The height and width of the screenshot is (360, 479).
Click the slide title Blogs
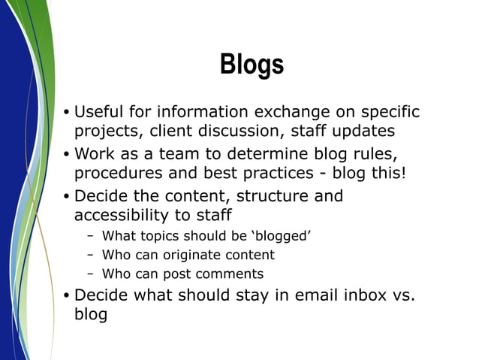point(252,65)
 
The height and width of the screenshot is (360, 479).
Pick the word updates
point(362,131)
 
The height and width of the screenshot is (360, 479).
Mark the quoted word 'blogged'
point(279,237)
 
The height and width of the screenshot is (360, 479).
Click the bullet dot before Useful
point(66,113)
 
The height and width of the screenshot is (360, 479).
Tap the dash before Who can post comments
point(90,274)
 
